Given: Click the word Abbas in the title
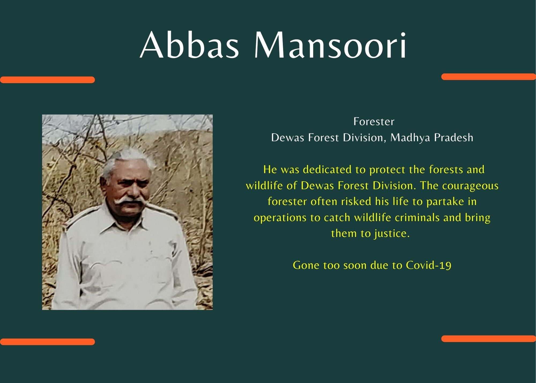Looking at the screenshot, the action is pyautogui.click(x=189, y=45).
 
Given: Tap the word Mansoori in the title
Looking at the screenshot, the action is pyautogui.click(x=330, y=45).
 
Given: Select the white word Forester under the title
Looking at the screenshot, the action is pyautogui.click(x=374, y=122).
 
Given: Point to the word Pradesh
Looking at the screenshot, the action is pyautogui.click(x=454, y=138).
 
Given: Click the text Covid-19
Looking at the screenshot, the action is pyautogui.click(x=429, y=265).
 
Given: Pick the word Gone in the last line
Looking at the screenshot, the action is pyautogui.click(x=306, y=265).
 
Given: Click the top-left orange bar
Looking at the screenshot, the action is pyautogui.click(x=47, y=80).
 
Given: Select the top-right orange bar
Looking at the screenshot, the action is pyautogui.click(x=489, y=77).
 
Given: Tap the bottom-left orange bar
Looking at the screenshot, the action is pyautogui.click(x=47, y=342).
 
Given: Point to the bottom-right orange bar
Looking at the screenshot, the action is pyautogui.click(x=489, y=338).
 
